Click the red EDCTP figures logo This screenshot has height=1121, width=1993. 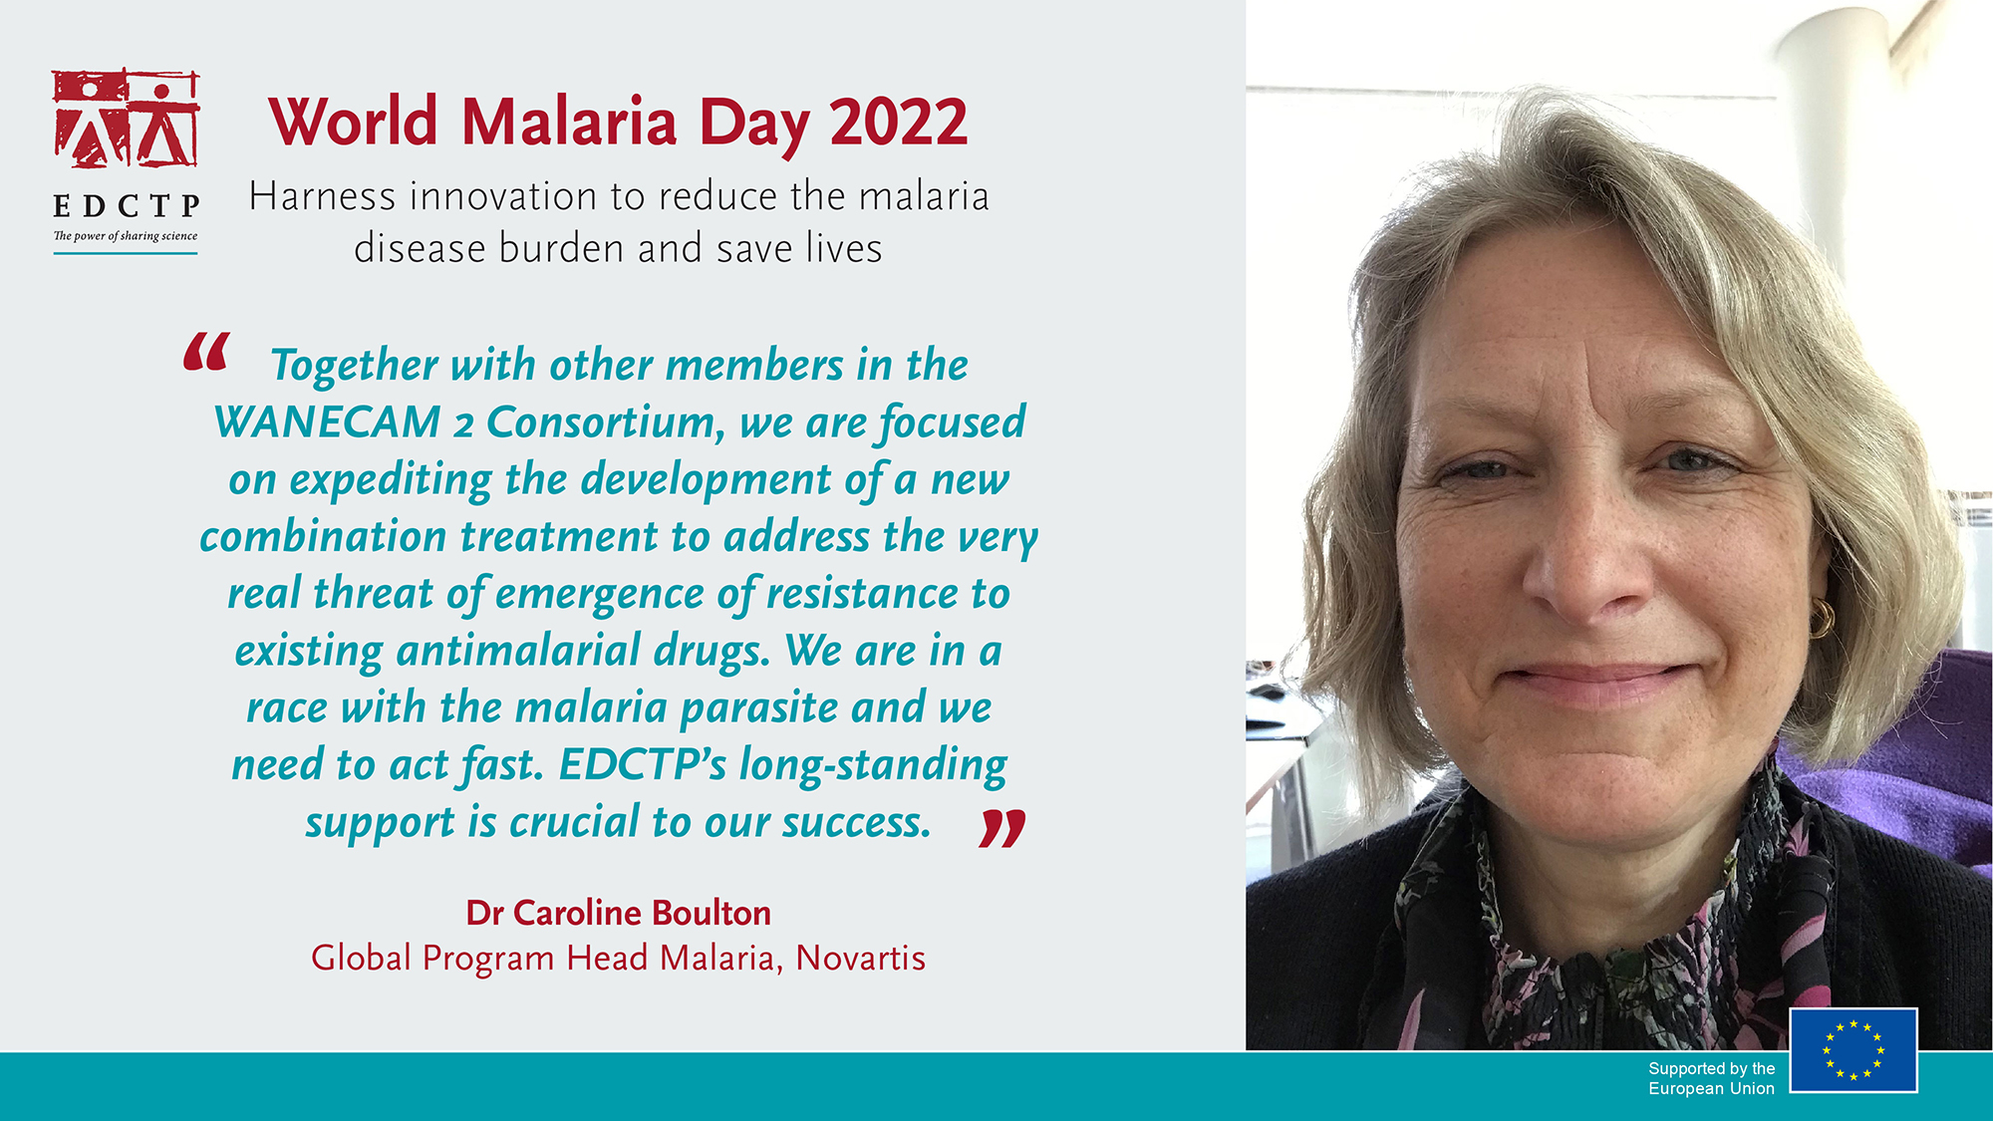[126, 119]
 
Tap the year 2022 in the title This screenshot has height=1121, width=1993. [899, 123]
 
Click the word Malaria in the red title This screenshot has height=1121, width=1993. [569, 123]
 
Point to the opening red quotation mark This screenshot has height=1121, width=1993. [206, 353]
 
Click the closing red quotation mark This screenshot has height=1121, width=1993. [1002, 828]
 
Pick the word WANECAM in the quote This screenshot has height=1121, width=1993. [327, 422]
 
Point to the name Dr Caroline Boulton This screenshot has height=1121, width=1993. [619, 913]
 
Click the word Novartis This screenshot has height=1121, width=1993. [861, 958]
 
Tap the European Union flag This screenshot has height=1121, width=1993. [1853, 1050]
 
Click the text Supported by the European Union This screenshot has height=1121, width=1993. [1711, 1078]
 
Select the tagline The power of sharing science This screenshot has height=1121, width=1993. [126, 236]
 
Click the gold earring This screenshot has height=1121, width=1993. [1822, 618]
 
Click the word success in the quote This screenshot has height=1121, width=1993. [854, 823]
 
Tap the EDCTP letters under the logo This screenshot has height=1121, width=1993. [127, 206]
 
